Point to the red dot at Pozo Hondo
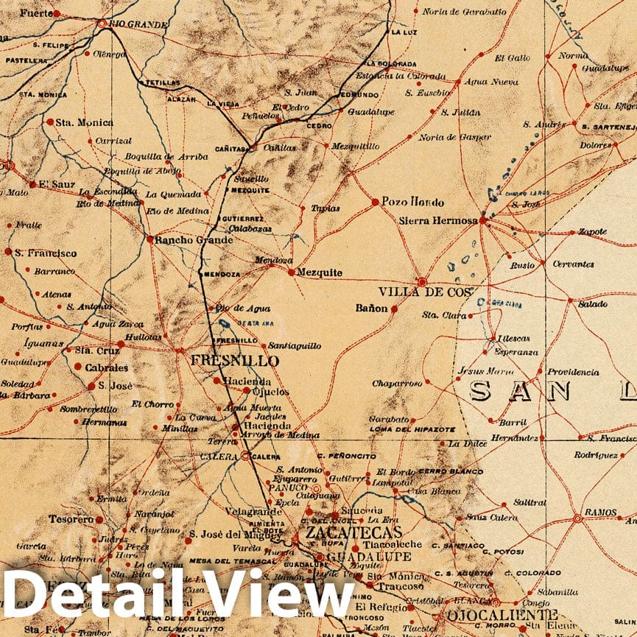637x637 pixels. pyautogui.click(x=375, y=201)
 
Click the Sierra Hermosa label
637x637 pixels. pyautogui.click(x=438, y=220)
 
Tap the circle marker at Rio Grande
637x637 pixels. pyautogui.click(x=101, y=24)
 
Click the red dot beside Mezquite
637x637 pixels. pyautogui.click(x=292, y=272)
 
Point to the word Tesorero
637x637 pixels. pyautogui.click(x=71, y=519)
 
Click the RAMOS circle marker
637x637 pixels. pyautogui.click(x=577, y=518)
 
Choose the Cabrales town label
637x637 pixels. pyautogui.click(x=106, y=367)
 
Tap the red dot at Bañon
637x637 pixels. pyautogui.click(x=393, y=309)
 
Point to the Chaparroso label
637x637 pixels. pyautogui.click(x=397, y=384)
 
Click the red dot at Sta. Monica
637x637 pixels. pyautogui.click(x=49, y=122)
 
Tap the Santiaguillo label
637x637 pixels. pyautogui.click(x=295, y=345)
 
